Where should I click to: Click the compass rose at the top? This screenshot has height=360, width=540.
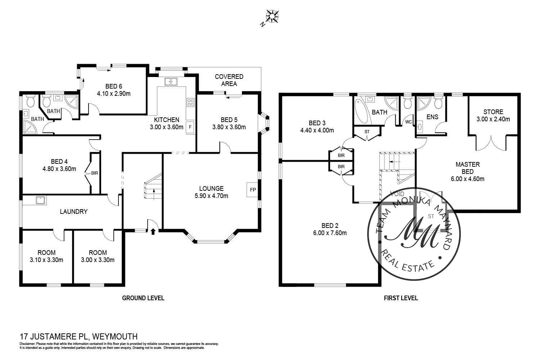[273, 17]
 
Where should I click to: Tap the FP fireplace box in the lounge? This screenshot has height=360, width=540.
[252, 190]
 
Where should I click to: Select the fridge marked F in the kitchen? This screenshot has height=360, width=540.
[190, 127]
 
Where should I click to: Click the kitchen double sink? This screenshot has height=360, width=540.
[171, 82]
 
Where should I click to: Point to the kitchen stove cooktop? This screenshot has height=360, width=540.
[190, 102]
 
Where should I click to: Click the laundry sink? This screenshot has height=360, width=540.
[40, 200]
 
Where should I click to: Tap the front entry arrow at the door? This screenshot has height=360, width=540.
[153, 231]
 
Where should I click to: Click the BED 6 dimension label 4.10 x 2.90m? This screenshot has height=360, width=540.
[113, 94]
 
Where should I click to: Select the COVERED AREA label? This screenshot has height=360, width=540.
[229, 80]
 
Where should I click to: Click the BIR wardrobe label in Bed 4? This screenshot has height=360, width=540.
[94, 173]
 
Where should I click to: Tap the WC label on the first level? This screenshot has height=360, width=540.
[408, 122]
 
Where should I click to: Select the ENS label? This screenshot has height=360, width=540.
[432, 117]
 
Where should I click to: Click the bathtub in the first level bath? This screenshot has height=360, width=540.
[360, 111]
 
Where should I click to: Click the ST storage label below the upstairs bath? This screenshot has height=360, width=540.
[367, 132]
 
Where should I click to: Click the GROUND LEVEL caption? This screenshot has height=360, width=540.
[143, 298]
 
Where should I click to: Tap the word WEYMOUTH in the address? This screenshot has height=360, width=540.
[115, 337]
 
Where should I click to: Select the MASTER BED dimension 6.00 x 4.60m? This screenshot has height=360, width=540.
[468, 179]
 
